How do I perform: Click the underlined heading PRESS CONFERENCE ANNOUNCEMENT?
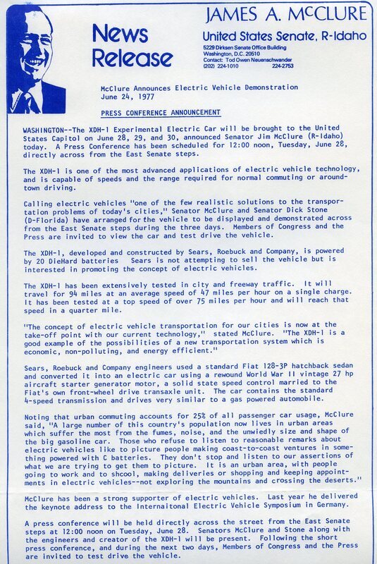click(161, 112)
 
